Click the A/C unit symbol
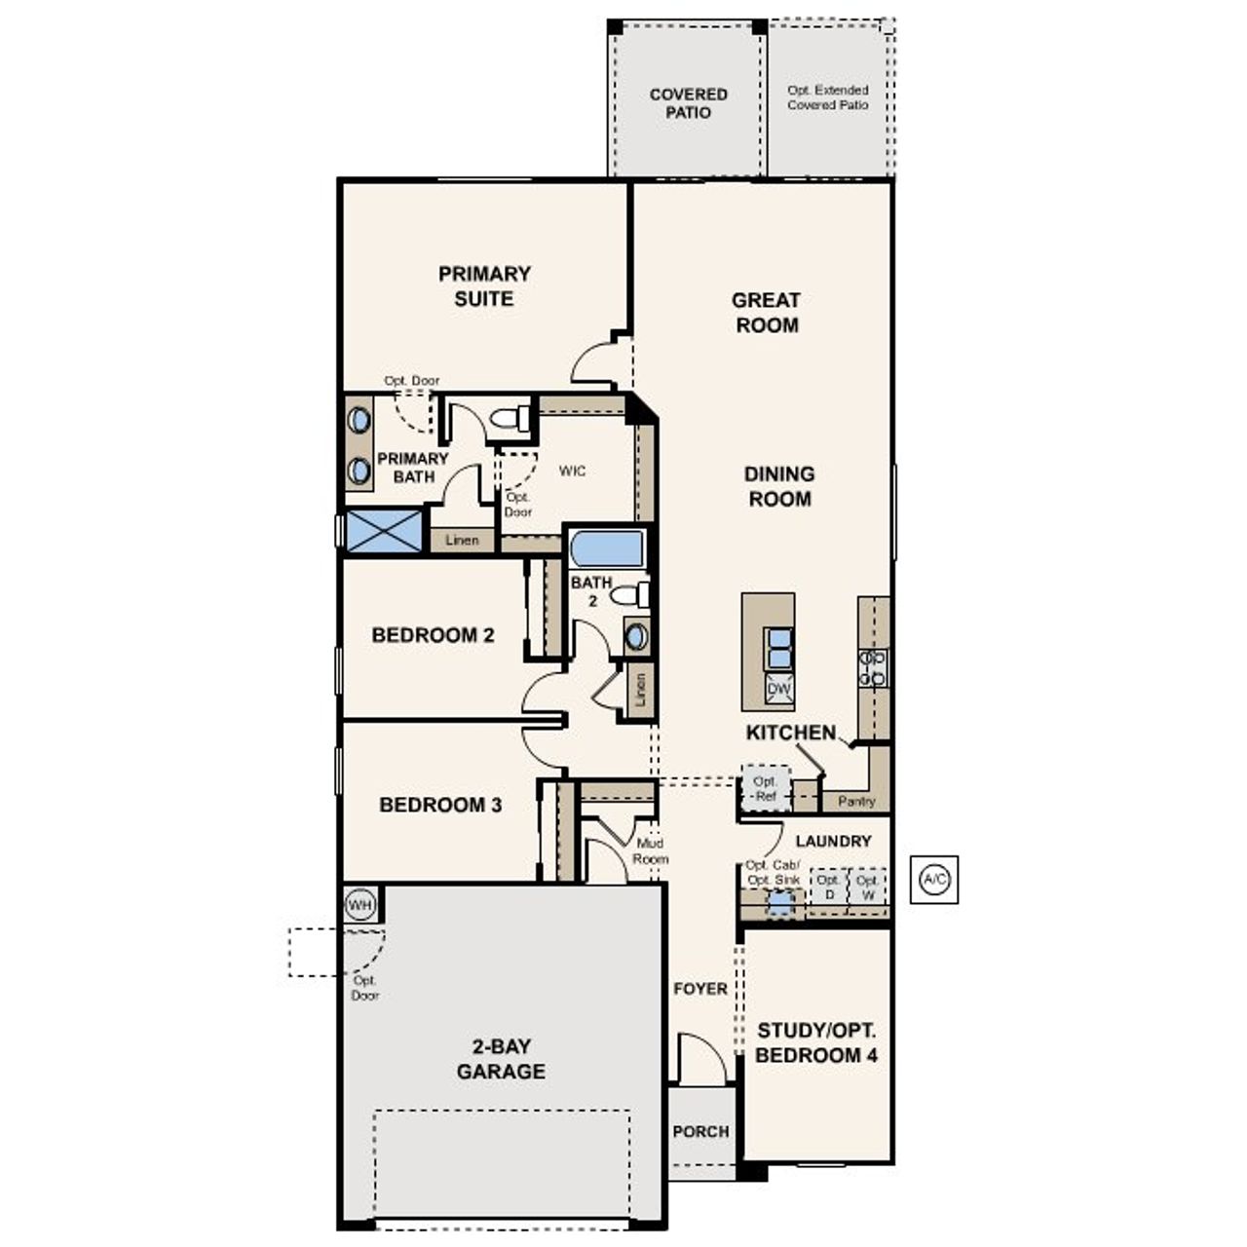pos(934,880)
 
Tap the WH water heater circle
pos(360,905)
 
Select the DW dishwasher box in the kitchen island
pos(779,689)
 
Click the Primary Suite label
pos(484,286)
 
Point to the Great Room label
pos(767,313)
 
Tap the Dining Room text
pos(779,486)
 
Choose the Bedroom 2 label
pos(434,635)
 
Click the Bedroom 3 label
pos(440,805)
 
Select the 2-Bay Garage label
pos(501,1059)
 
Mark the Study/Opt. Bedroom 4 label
pos(816,1042)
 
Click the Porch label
pos(700,1131)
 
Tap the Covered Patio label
pos(689,103)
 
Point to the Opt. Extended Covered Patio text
pos(828,97)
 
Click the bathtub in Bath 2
pos(607,548)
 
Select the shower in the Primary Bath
pos(385,532)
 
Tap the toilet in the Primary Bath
pos(510,419)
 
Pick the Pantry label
pos(856,801)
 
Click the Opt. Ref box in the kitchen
pos(766,788)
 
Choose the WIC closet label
pos(573,472)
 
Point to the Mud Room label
pos(650,851)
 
